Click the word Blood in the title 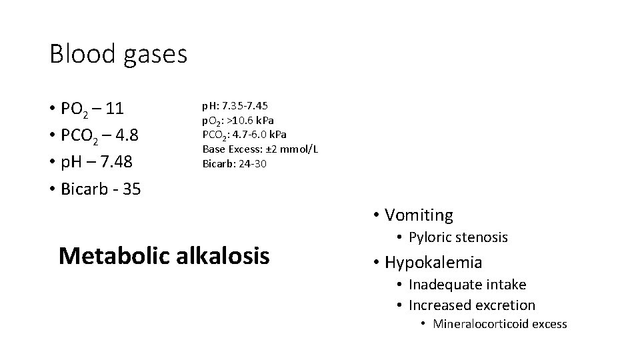81,54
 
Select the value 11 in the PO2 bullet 115,109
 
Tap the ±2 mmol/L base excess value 289,149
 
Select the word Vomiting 419,215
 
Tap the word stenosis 483,237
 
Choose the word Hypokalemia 433,263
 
